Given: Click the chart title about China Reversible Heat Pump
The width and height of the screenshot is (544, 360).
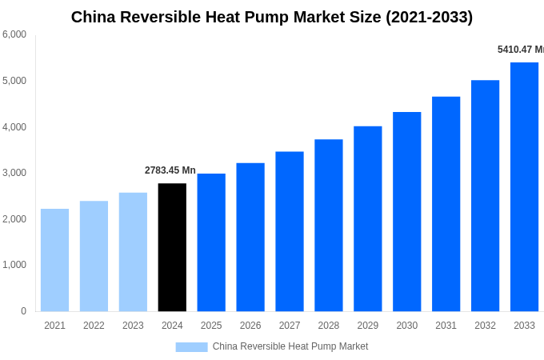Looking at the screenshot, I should pyautogui.click(x=272, y=17).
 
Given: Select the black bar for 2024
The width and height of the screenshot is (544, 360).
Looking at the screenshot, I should pyautogui.click(x=172, y=247).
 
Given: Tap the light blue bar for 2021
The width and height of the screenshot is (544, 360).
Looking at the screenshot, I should pyautogui.click(x=54, y=260).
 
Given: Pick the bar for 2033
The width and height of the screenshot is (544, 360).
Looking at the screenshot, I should pyautogui.click(x=524, y=187).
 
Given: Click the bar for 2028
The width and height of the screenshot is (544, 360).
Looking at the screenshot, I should pyautogui.click(x=328, y=226).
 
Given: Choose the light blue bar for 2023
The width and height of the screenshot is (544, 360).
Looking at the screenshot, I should pyautogui.click(x=133, y=252).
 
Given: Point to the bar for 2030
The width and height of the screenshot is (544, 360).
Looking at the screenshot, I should pyautogui.click(x=406, y=212).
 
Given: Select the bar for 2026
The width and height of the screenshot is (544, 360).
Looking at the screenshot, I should pyautogui.click(x=250, y=237).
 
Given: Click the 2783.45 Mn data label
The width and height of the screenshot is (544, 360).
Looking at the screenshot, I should pyautogui.click(x=170, y=170).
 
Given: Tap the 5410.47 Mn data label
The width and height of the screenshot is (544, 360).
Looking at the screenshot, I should pyautogui.click(x=520, y=50).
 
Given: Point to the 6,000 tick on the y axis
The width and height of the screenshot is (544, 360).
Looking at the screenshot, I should pyautogui.click(x=14, y=34).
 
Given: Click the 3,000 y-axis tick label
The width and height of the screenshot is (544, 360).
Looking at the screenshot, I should pyautogui.click(x=14, y=173).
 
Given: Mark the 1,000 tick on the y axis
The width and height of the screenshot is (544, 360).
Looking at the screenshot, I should pyautogui.click(x=14, y=265).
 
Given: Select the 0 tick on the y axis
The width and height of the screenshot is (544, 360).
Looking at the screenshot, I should pyautogui.click(x=23, y=311).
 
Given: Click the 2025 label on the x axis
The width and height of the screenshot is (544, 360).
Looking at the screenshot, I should pyautogui.click(x=211, y=326).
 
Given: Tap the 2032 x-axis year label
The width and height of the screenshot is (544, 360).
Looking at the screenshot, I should pyautogui.click(x=485, y=326).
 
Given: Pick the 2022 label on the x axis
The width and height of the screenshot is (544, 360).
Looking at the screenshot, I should pyautogui.click(x=94, y=326).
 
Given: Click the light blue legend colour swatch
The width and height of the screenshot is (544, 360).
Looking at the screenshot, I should pyautogui.click(x=191, y=347).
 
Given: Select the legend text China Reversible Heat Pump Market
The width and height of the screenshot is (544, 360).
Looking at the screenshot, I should pyautogui.click(x=290, y=346).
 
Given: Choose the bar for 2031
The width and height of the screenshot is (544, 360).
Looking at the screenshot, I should pyautogui.click(x=446, y=204).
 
